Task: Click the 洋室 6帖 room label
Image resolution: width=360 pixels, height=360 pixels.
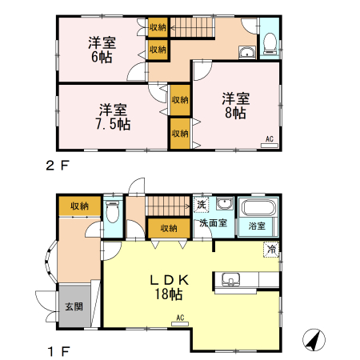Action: [x=102, y=50]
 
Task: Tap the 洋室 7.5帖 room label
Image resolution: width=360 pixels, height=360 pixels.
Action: [x=113, y=117]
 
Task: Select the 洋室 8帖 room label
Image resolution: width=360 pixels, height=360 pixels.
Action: [x=236, y=106]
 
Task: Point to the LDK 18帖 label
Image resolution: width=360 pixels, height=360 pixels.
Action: [x=169, y=287]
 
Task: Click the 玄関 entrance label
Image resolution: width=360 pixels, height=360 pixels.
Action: [x=74, y=306]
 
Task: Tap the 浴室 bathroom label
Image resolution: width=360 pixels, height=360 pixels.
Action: [x=257, y=226]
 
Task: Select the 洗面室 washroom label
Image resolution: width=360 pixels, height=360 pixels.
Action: [x=214, y=223]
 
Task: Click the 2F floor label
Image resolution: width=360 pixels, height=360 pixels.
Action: [x=58, y=166]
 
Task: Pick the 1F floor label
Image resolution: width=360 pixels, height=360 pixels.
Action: [x=59, y=351]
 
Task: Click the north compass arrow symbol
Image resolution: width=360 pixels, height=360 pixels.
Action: [x=314, y=340]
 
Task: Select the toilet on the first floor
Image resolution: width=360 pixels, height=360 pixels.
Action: [x=112, y=212]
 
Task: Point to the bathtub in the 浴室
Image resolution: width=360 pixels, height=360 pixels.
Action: [x=258, y=207]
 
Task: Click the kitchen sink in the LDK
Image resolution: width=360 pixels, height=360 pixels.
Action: [x=230, y=280]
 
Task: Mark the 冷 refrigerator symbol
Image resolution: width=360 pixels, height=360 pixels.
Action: [x=271, y=250]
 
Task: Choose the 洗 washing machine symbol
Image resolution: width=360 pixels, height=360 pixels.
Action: [x=201, y=205]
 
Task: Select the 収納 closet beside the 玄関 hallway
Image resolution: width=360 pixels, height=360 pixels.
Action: [x=80, y=206]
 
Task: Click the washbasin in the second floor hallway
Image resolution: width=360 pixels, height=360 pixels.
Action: [x=247, y=53]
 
